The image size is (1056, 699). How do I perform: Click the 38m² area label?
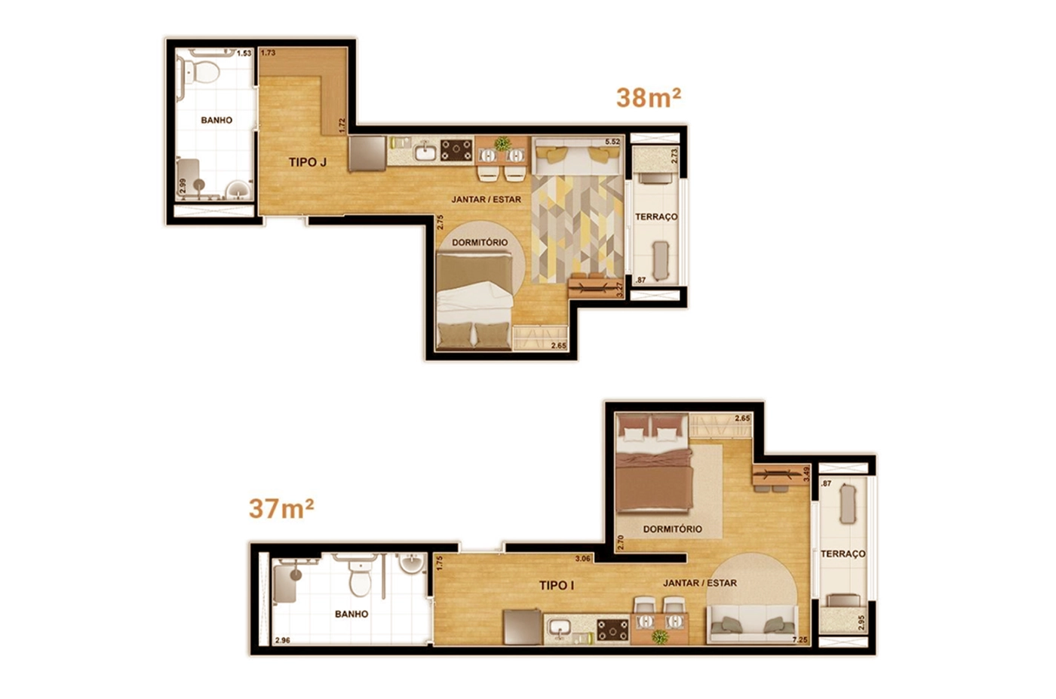[x=648, y=98]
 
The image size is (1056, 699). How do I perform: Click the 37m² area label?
[x=281, y=508]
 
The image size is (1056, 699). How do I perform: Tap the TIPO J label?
[x=308, y=163]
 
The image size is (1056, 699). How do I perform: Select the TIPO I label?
[x=557, y=585]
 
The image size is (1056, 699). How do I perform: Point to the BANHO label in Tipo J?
[x=216, y=120]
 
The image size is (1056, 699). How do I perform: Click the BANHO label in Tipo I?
[x=351, y=614]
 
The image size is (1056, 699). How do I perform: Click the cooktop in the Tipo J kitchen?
[x=456, y=150]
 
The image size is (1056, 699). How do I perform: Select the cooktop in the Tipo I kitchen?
[x=612, y=630]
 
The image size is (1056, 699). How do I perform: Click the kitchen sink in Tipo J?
[x=427, y=152]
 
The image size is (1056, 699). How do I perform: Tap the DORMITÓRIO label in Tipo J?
[x=480, y=242]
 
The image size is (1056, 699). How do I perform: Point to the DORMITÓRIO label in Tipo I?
[x=672, y=529]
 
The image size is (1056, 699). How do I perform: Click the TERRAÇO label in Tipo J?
[x=656, y=217]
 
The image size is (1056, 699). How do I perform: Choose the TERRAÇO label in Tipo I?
[x=843, y=553]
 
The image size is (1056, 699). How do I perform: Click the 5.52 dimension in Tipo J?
[x=612, y=142]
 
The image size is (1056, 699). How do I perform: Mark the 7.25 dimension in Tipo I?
[x=800, y=640]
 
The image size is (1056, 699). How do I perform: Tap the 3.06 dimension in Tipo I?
[x=582, y=559]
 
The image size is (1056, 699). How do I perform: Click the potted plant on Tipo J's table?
[x=502, y=143]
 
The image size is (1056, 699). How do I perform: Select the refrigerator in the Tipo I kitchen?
[x=522, y=627]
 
